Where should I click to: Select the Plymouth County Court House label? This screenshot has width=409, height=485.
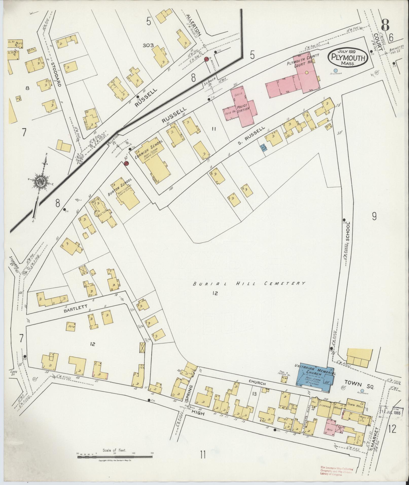[x=303, y=60]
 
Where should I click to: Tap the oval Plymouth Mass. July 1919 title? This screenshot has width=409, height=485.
[x=348, y=58]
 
